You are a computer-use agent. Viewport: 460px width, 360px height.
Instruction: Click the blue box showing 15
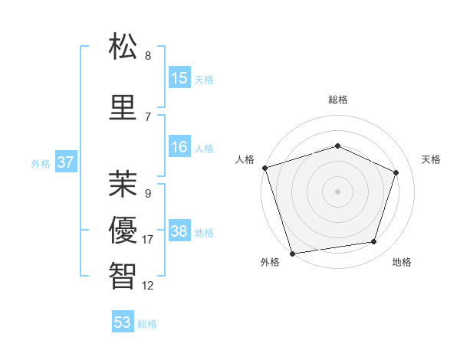(179, 77)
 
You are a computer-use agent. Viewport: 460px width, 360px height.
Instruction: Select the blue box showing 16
(179, 147)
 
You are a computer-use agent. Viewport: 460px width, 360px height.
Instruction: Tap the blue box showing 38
(179, 231)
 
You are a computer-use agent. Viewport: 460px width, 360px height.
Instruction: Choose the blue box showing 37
(65, 162)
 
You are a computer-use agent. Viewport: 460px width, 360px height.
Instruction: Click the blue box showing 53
(123, 322)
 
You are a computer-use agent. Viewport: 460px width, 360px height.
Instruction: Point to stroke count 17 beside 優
(148, 240)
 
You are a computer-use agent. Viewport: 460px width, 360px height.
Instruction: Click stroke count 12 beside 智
(148, 286)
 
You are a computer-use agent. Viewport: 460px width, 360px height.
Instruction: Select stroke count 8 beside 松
(148, 56)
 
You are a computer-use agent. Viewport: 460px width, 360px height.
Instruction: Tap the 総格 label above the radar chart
(337, 100)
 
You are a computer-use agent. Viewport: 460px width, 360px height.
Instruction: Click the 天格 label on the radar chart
(431, 159)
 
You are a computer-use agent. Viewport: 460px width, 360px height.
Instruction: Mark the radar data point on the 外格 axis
(292, 253)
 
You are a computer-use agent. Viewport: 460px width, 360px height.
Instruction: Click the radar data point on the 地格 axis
(374, 242)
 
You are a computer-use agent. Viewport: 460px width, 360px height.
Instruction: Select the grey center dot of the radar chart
(337, 191)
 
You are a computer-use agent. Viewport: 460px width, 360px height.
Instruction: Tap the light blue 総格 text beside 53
(147, 324)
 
